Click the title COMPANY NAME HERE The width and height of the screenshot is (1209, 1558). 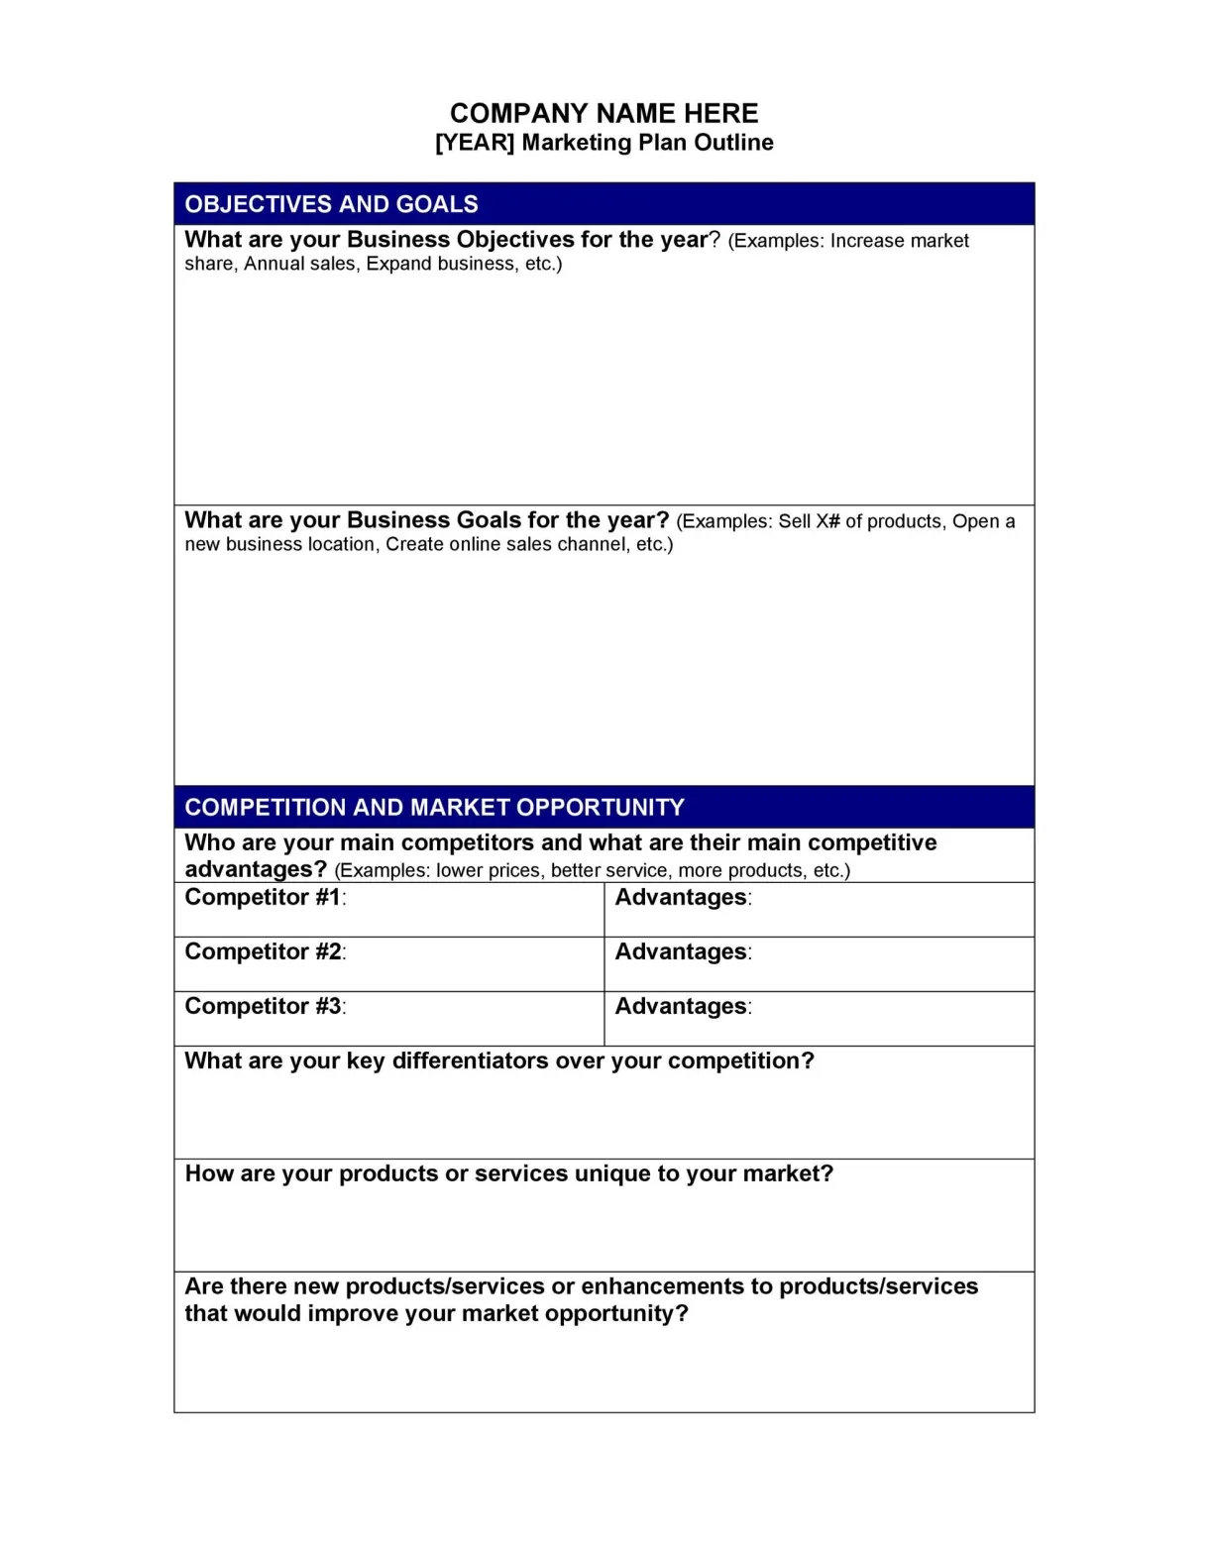point(604,113)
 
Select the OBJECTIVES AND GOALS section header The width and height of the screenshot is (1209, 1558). point(331,204)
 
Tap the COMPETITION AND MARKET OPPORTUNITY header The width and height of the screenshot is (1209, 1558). point(434,807)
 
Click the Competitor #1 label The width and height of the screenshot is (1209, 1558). point(264,897)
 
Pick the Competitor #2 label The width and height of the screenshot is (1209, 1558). point(264,951)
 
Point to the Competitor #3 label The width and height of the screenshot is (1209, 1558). point(264,1006)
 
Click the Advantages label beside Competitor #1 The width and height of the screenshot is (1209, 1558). point(682,897)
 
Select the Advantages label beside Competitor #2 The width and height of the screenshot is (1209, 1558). point(682,951)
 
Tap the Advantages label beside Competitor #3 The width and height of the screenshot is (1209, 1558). point(682,1006)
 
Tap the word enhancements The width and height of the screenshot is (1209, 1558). point(661,1286)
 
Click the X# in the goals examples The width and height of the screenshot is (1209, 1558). point(827,521)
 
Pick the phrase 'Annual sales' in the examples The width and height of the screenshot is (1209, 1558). point(300,264)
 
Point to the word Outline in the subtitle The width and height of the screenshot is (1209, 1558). point(733,143)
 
